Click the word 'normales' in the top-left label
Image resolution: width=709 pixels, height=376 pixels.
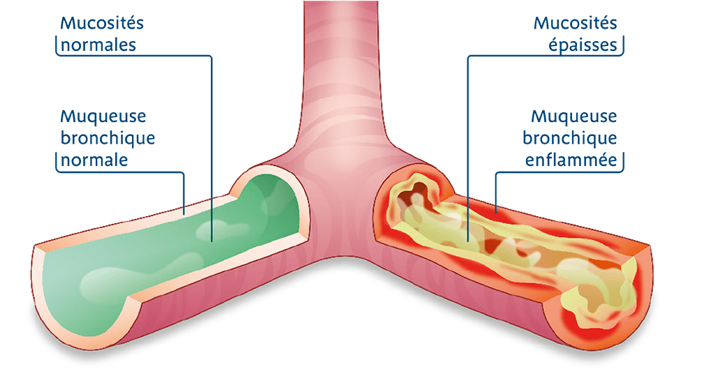tap(98, 45)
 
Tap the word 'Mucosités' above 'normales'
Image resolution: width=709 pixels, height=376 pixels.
tap(102, 22)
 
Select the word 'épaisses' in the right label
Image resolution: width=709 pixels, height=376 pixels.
tap(585, 45)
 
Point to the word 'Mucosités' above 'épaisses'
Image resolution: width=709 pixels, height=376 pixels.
tap(576, 22)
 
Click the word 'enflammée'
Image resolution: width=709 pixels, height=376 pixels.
tap(572, 160)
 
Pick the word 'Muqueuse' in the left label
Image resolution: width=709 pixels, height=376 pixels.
tap(103, 115)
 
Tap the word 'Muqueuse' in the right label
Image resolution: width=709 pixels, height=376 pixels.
tap(574, 115)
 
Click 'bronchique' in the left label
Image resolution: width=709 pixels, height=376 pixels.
tap(108, 137)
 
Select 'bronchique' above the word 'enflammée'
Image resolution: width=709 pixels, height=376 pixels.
tap(570, 137)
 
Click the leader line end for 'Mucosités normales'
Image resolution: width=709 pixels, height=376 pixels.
tap(212, 239)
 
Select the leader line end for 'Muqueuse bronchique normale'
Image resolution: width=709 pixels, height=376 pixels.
tap(184, 211)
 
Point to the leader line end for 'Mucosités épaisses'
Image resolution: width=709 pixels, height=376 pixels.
tap(467, 239)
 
